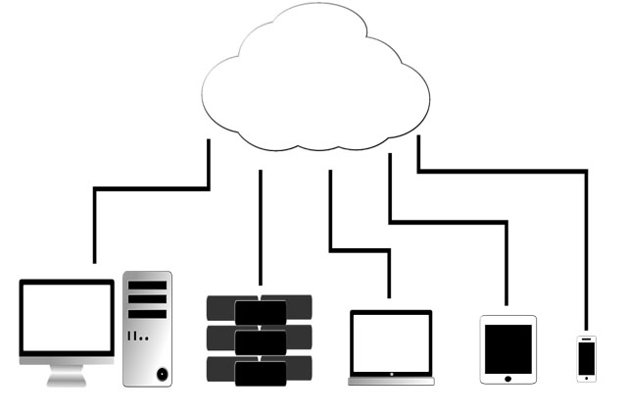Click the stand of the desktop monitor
[x=67, y=375]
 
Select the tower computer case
[x=147, y=329]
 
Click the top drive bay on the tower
[x=147, y=286]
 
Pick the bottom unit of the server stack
[x=260, y=371]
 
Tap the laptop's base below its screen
[x=391, y=379]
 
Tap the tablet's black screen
[x=508, y=348]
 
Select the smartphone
[x=586, y=358]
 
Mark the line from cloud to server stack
[x=261, y=226]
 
